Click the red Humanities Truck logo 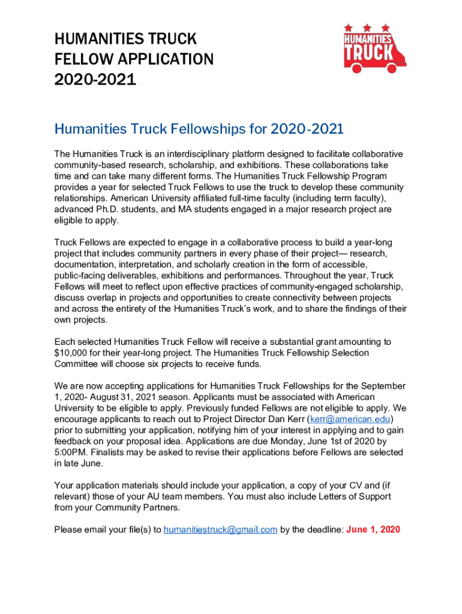point(373,50)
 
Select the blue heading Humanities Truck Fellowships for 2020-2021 point(199,129)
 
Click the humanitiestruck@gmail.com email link point(220,529)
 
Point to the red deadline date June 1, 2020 point(373,529)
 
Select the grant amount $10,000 point(71,353)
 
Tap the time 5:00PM point(71,452)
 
